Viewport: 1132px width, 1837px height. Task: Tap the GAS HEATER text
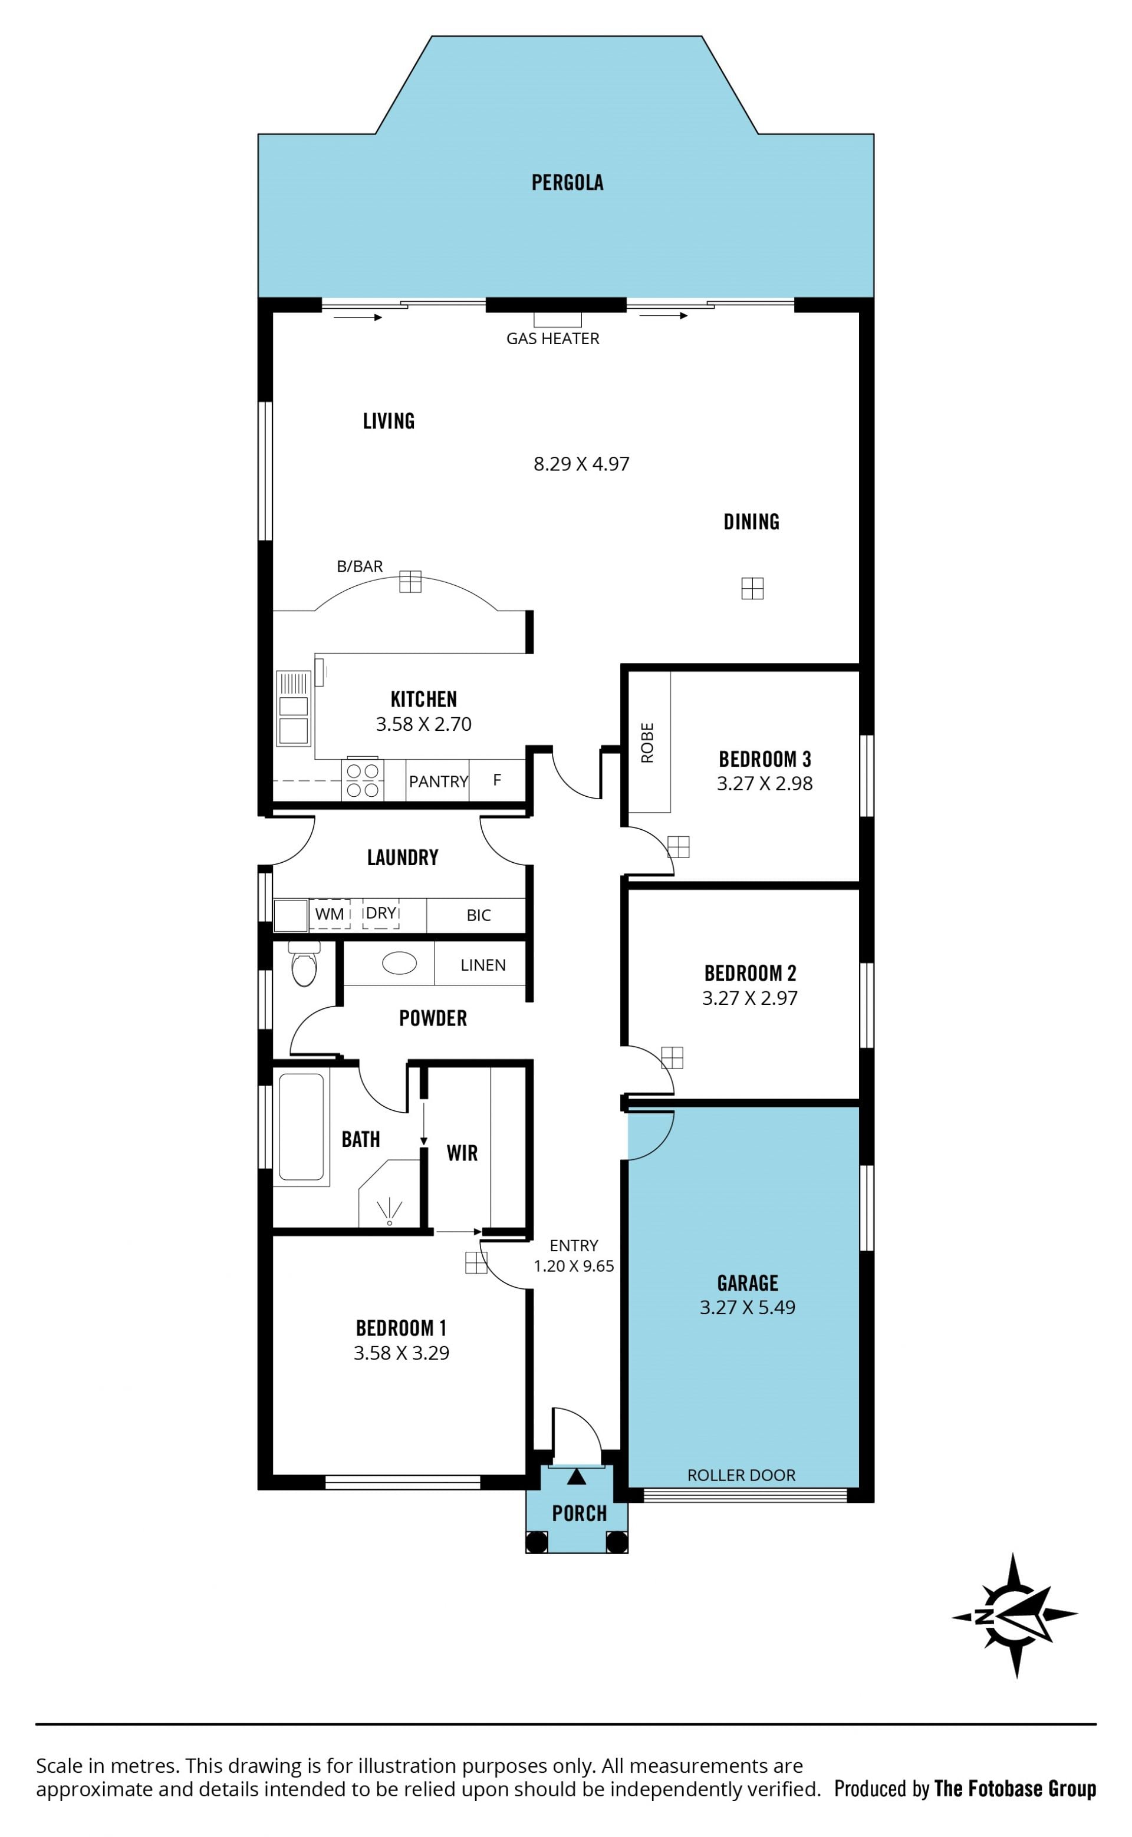(x=552, y=339)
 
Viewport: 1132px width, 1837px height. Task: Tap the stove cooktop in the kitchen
(x=363, y=780)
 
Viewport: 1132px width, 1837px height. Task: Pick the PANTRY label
(x=438, y=782)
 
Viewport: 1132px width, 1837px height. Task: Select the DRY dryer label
(x=380, y=913)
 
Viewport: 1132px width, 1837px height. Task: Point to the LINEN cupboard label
(x=483, y=965)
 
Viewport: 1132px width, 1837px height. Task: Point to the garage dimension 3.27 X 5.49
(x=747, y=1307)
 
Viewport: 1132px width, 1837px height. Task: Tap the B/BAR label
(x=360, y=566)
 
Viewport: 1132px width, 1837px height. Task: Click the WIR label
(x=462, y=1153)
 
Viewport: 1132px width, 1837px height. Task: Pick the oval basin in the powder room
(x=399, y=963)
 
